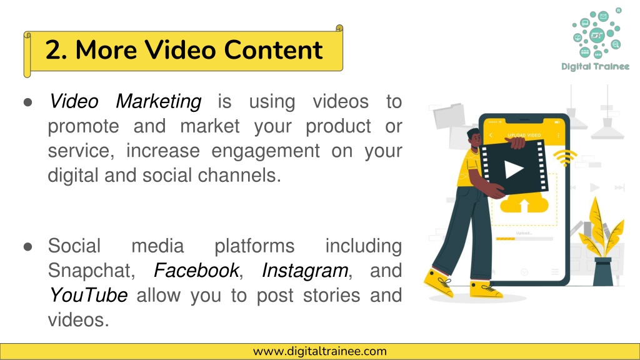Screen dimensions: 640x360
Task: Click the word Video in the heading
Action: (x=181, y=50)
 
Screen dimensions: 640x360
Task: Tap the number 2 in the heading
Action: (x=53, y=50)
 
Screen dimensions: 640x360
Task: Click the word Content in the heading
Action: (x=273, y=50)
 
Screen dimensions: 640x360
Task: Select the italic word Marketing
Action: (x=158, y=101)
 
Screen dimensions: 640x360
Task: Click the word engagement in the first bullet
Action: (x=265, y=151)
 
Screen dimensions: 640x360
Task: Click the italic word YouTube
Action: (x=88, y=295)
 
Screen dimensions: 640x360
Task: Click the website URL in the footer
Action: (x=319, y=351)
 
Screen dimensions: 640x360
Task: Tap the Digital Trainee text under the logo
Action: (x=595, y=66)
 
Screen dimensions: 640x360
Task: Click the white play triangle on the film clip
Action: (x=514, y=169)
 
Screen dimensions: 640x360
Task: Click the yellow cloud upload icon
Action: (x=524, y=203)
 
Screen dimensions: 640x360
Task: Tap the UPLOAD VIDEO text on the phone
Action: (x=524, y=135)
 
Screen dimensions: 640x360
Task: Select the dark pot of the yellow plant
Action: (x=603, y=271)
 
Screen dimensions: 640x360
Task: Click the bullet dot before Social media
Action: (x=27, y=246)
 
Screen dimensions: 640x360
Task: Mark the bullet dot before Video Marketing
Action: (x=27, y=102)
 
